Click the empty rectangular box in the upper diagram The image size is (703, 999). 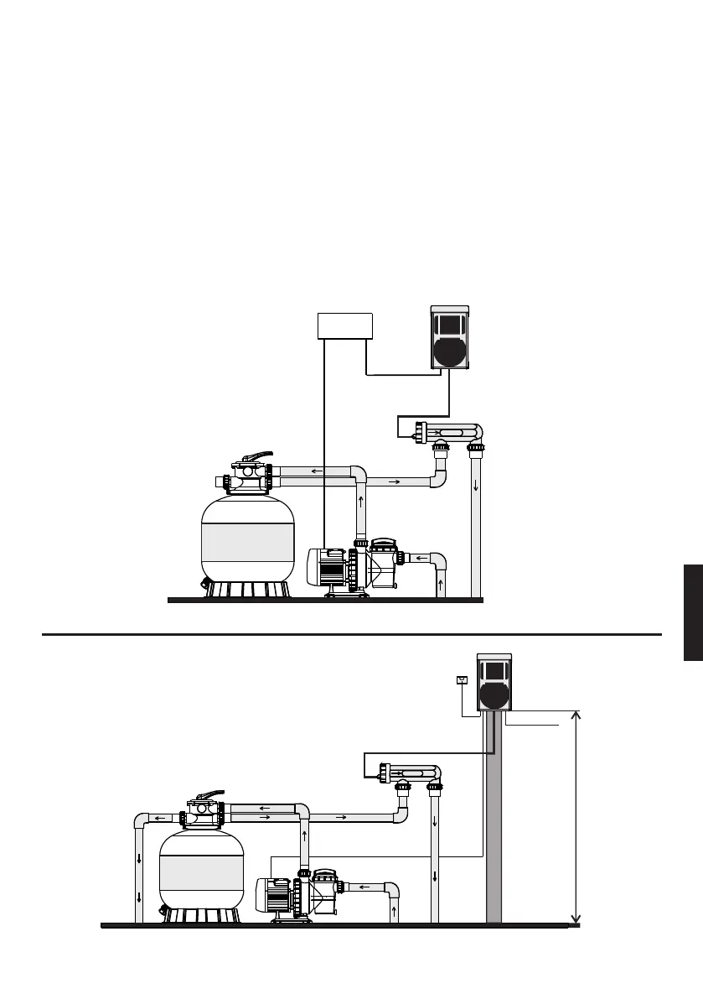click(345, 325)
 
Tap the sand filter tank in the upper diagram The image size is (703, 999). click(248, 536)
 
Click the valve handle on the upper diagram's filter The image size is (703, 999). click(255, 458)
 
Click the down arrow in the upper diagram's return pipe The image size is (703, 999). click(476, 486)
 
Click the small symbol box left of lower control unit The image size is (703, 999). click(460, 679)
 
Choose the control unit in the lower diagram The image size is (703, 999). click(494, 682)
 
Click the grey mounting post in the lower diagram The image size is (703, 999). click(494, 822)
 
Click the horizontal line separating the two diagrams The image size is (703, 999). click(352, 635)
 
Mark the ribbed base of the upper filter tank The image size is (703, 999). click(248, 590)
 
